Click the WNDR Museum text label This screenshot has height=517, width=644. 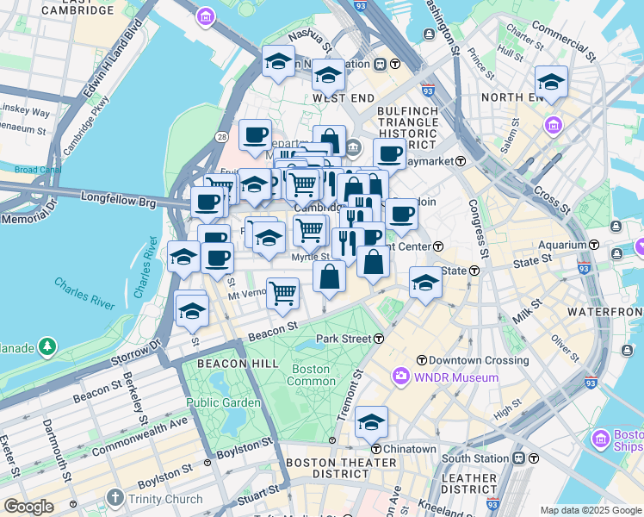(x=456, y=377)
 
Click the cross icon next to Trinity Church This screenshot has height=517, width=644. (x=116, y=498)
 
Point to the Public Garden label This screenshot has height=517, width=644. (x=223, y=402)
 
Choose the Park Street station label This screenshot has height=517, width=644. (x=344, y=339)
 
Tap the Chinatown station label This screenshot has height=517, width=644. (x=409, y=449)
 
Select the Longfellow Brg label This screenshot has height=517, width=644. (x=118, y=198)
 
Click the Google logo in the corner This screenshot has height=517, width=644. (x=28, y=507)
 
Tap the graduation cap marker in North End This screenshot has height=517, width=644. (x=551, y=83)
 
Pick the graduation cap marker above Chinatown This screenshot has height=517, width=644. (x=371, y=422)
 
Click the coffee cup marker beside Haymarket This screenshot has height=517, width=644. (x=389, y=154)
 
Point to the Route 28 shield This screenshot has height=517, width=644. (x=222, y=138)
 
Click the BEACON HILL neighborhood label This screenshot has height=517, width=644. (x=238, y=364)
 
